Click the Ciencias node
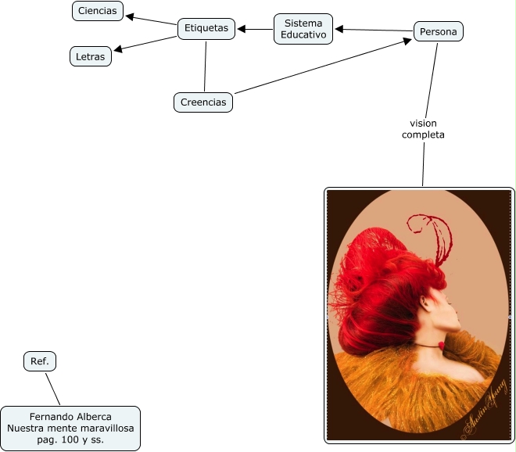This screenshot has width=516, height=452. pos(98,11)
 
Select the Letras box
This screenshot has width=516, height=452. pos(91,56)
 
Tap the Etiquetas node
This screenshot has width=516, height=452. pos(206,28)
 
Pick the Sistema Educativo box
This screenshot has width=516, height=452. pos(303,29)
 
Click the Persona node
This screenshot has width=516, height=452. pos(438,31)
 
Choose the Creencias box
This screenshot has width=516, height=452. pos(202,102)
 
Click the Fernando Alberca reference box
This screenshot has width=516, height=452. pos(70,428)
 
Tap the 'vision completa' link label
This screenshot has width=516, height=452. pos(423,129)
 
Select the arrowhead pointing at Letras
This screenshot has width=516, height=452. pos(118,50)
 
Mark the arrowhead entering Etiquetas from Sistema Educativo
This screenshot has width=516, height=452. pos(242,30)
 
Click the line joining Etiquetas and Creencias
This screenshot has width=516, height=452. pos(205,66)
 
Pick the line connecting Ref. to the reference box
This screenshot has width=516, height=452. pos(52,388)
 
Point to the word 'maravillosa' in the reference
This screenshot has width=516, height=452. pos(107,428)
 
